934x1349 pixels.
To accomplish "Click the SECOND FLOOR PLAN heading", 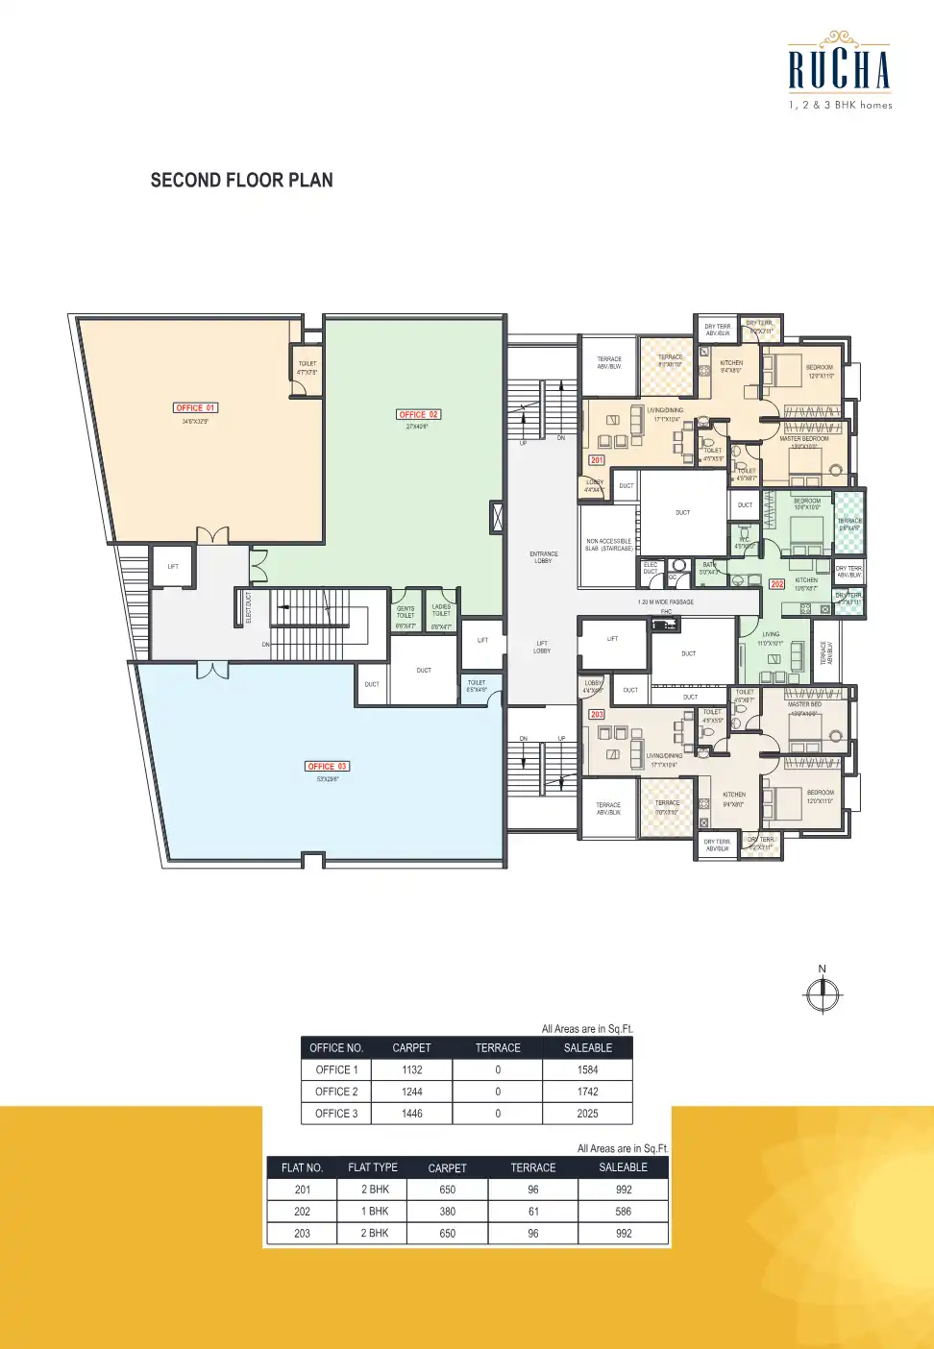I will pyautogui.click(x=241, y=181).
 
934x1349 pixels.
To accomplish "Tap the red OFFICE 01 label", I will pyautogui.click(x=195, y=408).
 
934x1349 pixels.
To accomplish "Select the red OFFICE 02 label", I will pyautogui.click(x=418, y=415).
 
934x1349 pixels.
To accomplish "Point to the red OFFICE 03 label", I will pyautogui.click(x=327, y=767).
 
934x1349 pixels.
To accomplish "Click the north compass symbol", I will pyautogui.click(x=822, y=993).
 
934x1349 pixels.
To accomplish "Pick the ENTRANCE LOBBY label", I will pyautogui.click(x=543, y=557).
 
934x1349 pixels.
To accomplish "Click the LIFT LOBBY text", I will pyautogui.click(x=542, y=648).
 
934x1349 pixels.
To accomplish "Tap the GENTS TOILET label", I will pyautogui.click(x=406, y=612).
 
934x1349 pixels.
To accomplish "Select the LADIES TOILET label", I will pyautogui.click(x=441, y=610).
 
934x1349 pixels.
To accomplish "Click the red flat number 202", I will pyautogui.click(x=777, y=584).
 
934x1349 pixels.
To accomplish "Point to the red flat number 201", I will pyautogui.click(x=597, y=460).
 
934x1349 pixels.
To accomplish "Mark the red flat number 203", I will pyautogui.click(x=597, y=715).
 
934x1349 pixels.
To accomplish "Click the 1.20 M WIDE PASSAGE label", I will pyautogui.click(x=665, y=602).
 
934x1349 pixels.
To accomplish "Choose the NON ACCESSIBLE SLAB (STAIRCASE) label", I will pyautogui.click(x=608, y=545).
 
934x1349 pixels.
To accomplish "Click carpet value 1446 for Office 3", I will pyautogui.click(x=411, y=1114).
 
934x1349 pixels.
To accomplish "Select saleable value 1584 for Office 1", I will pyautogui.click(x=587, y=1069).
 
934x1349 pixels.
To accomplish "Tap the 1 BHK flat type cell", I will pyautogui.click(x=374, y=1212).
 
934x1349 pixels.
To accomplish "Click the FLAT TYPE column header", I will pyautogui.click(x=372, y=1167).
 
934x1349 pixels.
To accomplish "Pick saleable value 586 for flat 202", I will pyautogui.click(x=623, y=1212).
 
